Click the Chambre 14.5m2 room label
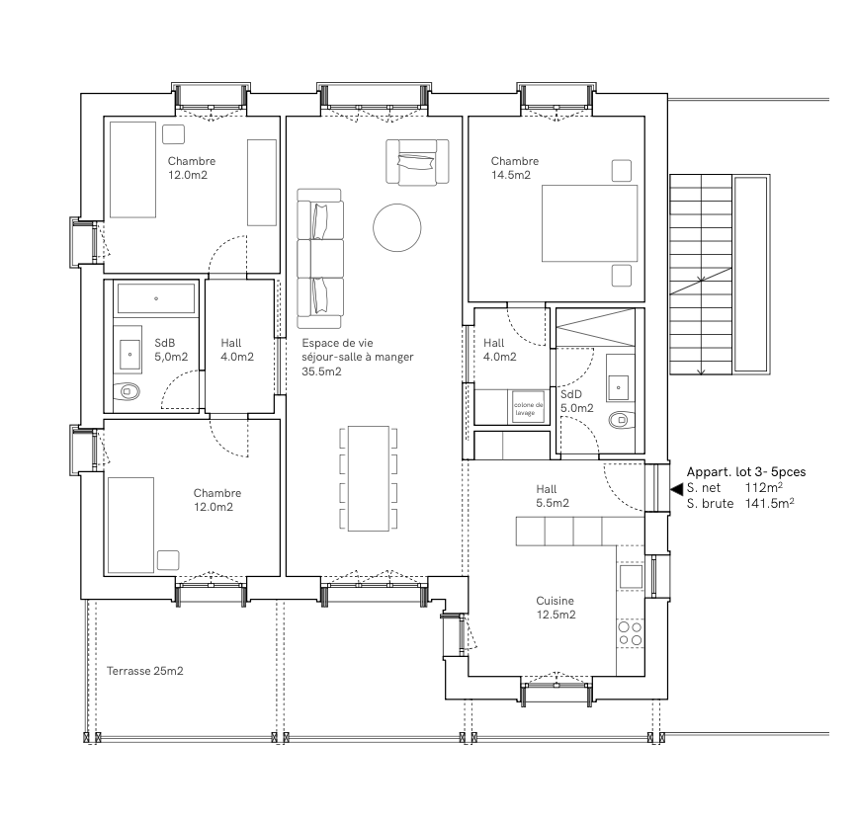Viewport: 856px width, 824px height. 514,168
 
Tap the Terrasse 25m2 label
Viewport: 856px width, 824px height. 144,671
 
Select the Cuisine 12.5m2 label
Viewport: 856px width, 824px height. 556,607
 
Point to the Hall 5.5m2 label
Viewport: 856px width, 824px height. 553,496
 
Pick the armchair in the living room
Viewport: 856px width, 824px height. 416,161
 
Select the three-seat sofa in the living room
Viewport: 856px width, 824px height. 320,259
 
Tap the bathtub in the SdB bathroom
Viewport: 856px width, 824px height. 156,296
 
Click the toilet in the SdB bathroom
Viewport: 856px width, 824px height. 129,392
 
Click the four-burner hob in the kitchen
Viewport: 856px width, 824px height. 630,633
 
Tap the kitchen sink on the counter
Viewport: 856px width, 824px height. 630,575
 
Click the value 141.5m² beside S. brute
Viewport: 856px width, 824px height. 771,504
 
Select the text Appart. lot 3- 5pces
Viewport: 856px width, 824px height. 745,472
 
